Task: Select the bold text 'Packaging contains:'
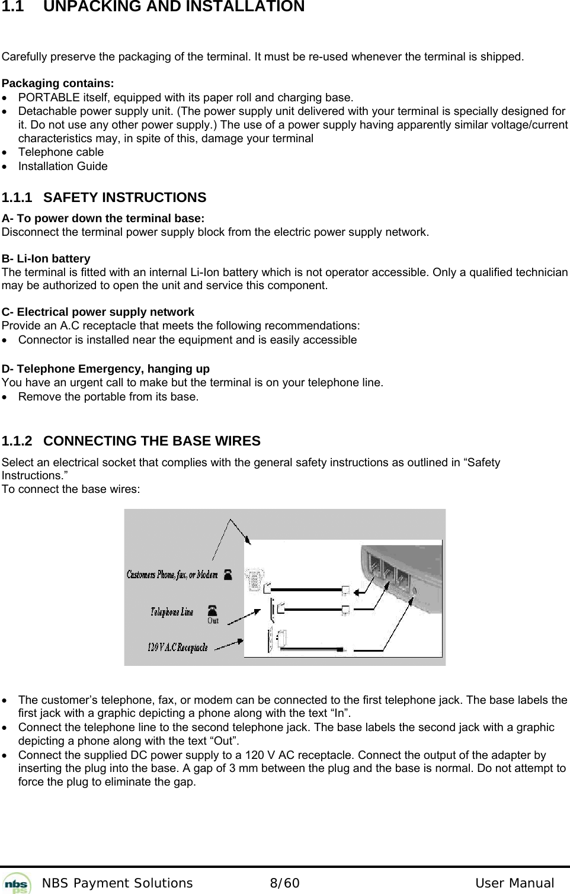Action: (x=58, y=83)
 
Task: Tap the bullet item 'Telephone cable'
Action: (x=61, y=152)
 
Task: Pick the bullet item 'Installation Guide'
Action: (x=63, y=166)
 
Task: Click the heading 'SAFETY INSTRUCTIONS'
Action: (x=125, y=197)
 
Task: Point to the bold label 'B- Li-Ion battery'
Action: (x=46, y=259)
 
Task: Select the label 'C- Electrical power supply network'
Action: (x=98, y=312)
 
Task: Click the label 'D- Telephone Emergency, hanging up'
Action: (x=105, y=369)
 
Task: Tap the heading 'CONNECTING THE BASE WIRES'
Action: (x=152, y=441)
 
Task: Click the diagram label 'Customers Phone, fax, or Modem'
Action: (x=172, y=574)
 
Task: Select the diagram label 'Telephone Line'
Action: (x=172, y=612)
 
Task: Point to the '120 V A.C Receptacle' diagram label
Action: (x=177, y=648)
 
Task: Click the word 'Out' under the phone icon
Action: (x=213, y=621)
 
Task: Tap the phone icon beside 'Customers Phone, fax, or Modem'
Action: (x=228, y=574)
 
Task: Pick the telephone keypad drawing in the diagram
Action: (x=255, y=578)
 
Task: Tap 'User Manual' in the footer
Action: (x=514, y=883)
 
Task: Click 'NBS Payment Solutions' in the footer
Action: (x=117, y=883)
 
